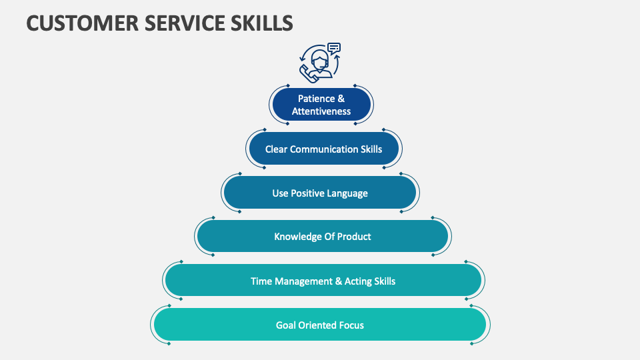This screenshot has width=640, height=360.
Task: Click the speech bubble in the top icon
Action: (x=334, y=48)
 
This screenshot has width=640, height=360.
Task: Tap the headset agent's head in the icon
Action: (x=321, y=60)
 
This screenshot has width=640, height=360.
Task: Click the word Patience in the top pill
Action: (x=316, y=99)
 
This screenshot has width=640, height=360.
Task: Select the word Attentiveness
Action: (x=321, y=111)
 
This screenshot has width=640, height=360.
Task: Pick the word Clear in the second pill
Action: (x=276, y=149)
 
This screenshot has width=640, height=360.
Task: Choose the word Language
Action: (x=347, y=193)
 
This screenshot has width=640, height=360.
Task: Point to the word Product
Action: (x=354, y=237)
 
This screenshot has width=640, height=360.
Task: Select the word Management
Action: (x=303, y=281)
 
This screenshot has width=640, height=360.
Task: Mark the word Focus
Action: (x=351, y=325)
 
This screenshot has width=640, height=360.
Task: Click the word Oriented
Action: (x=317, y=325)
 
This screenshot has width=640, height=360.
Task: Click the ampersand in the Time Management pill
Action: (x=338, y=281)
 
